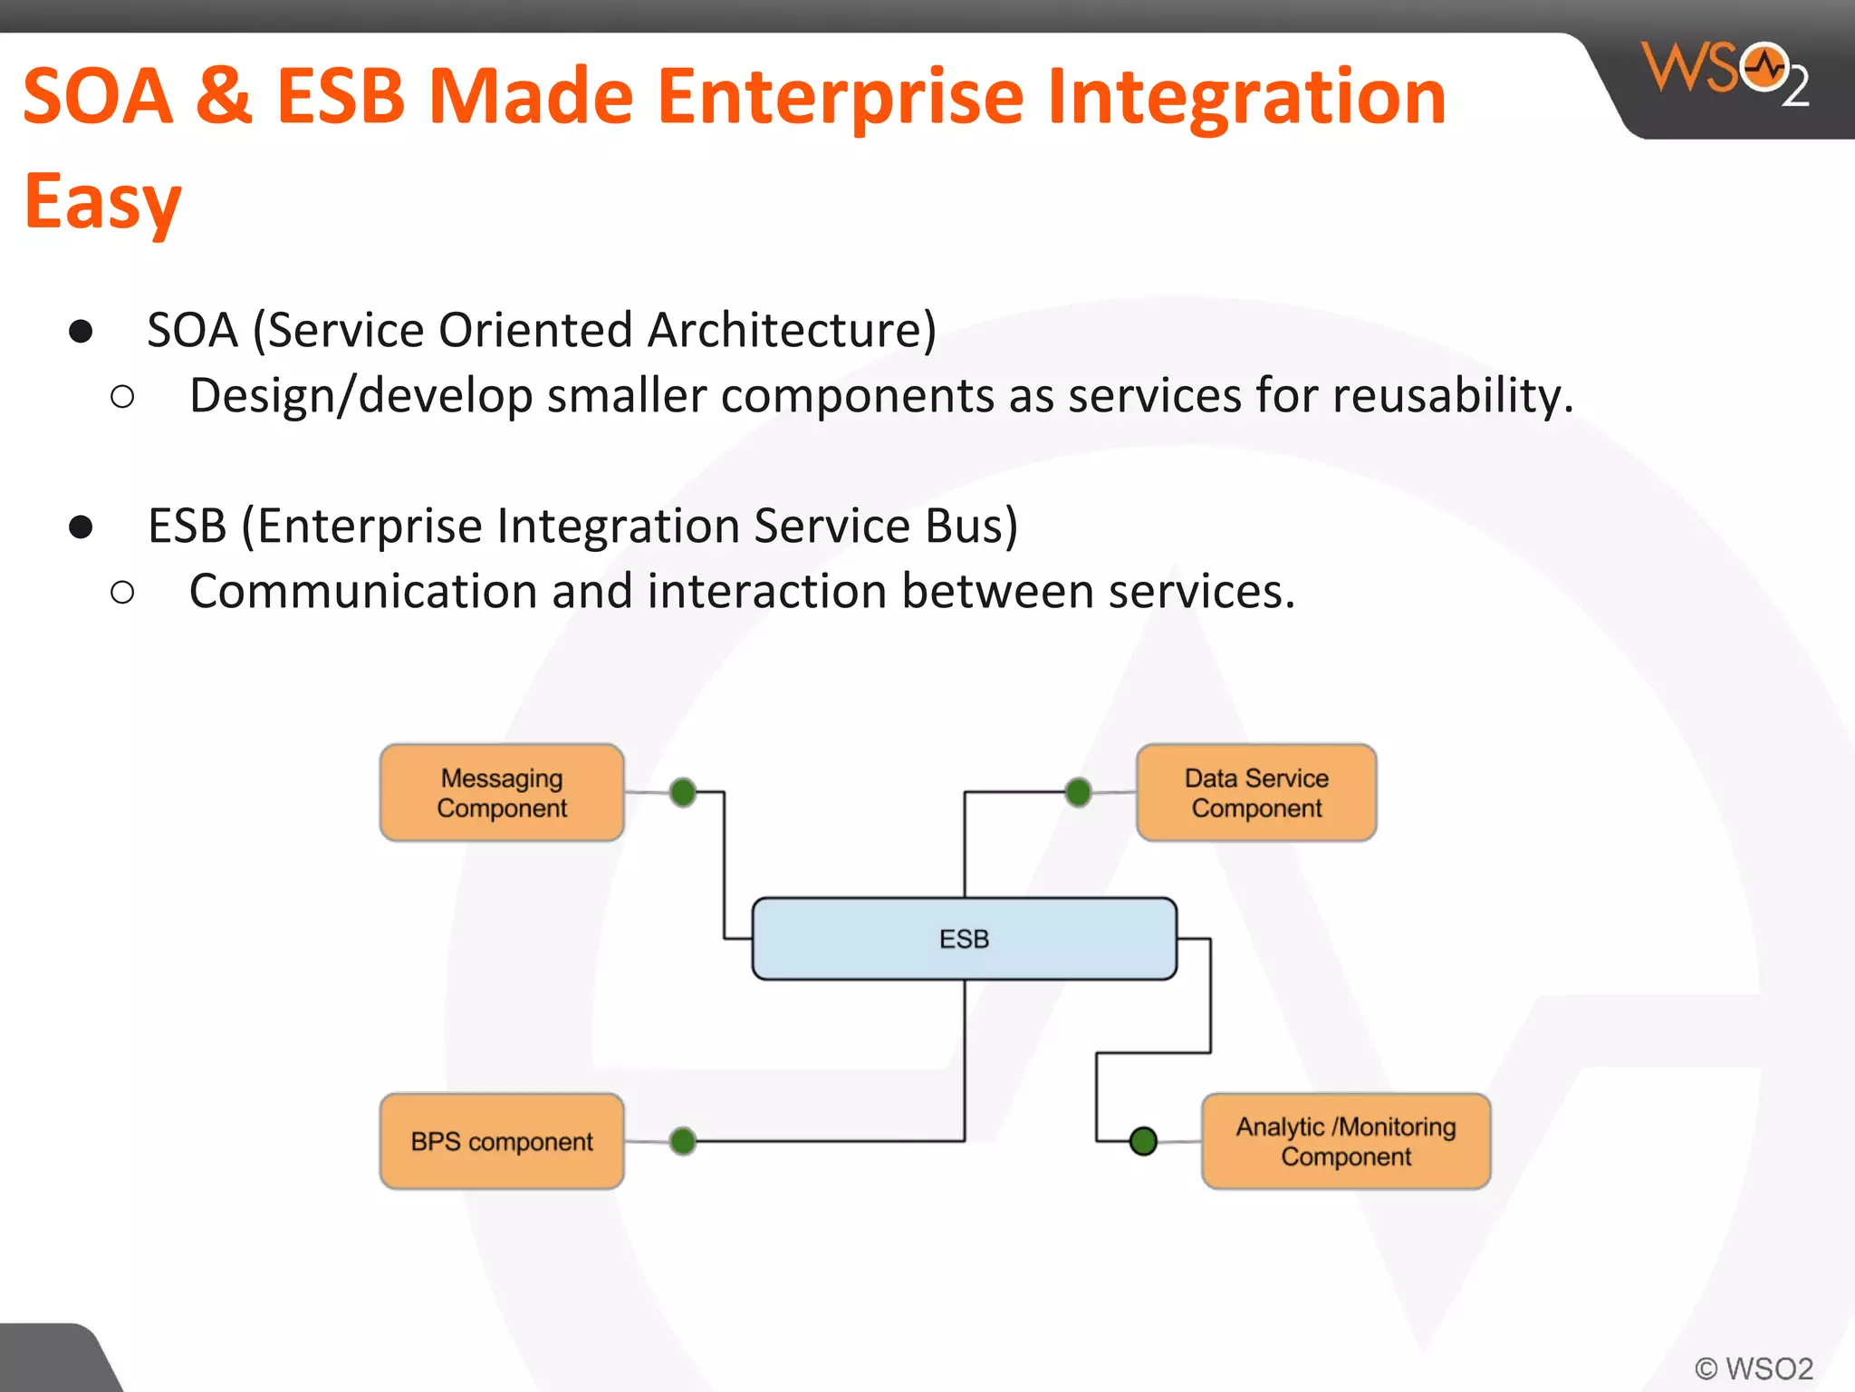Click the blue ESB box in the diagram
(964, 938)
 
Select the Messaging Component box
(502, 792)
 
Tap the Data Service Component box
(1256, 792)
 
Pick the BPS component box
(502, 1141)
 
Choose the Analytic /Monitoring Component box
(1345, 1141)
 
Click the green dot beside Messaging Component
(683, 792)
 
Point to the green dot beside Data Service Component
(1078, 792)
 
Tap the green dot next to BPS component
(683, 1141)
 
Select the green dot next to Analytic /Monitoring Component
(1143, 1141)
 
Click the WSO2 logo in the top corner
(1725, 72)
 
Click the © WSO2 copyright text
(1754, 1368)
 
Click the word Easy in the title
(102, 201)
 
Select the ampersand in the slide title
(223, 96)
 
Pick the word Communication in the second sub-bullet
(363, 592)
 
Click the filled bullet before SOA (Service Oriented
(81, 332)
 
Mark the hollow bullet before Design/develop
(122, 397)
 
